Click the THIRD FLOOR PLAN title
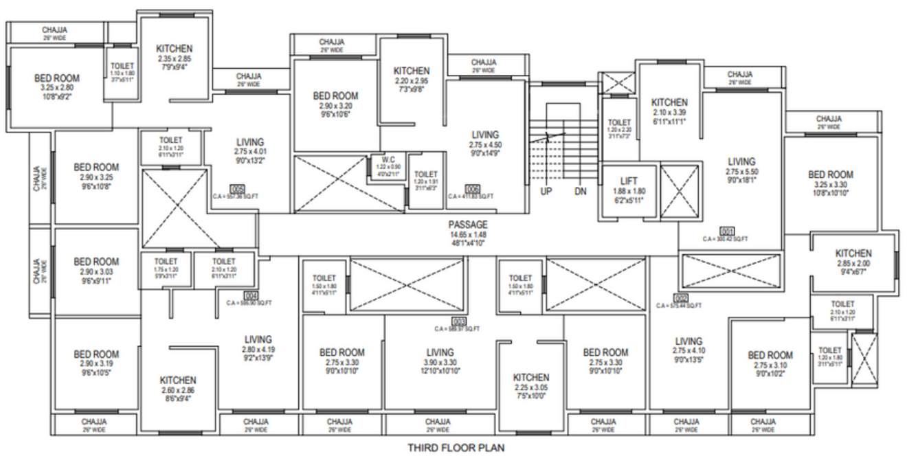[x=456, y=449]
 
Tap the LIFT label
[x=629, y=181]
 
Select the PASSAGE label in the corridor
[x=468, y=225]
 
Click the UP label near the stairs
[x=546, y=192]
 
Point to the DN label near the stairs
[x=581, y=192]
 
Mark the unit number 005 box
[x=238, y=188]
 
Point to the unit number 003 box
[x=458, y=321]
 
